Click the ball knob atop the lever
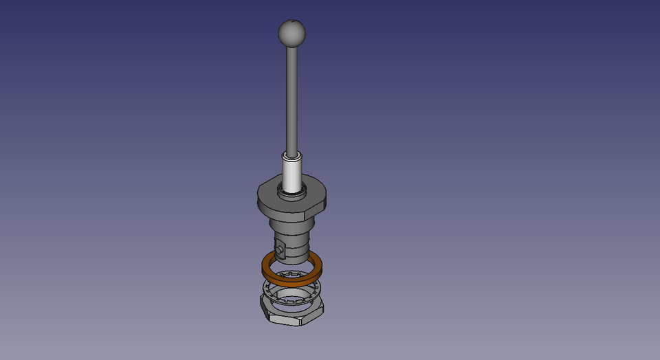[291, 32]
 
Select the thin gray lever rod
[293, 96]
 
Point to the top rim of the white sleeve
[293, 156]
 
